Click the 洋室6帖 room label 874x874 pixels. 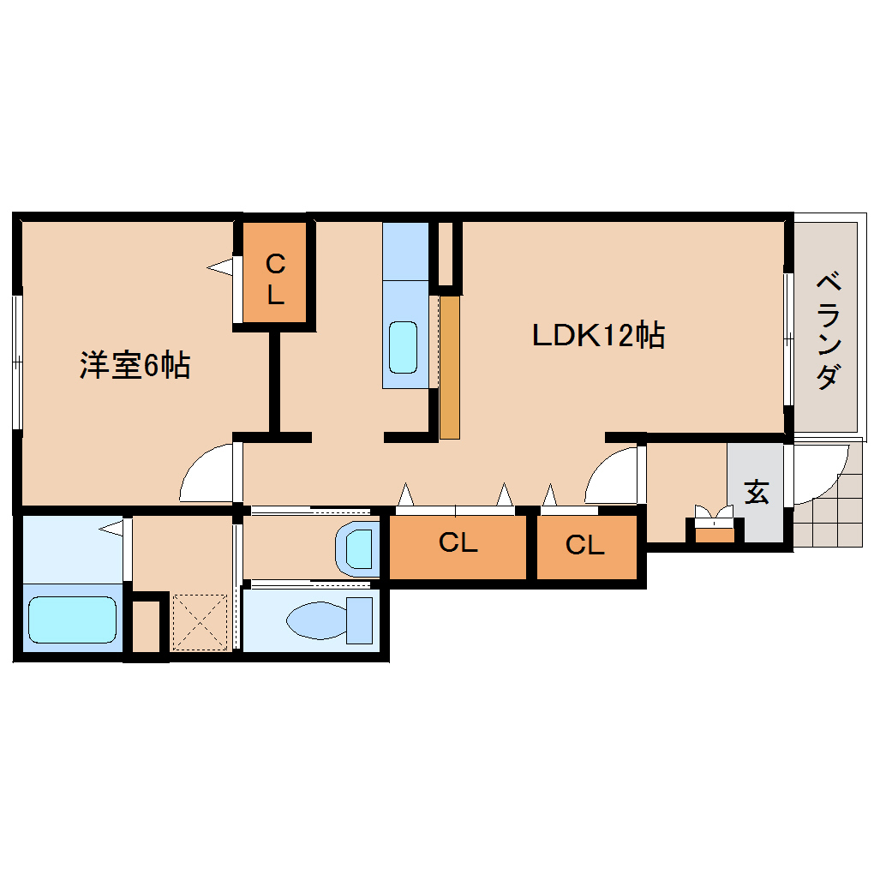pos(135,366)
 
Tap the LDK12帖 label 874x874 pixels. pos(598,335)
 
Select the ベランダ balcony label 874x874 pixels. pos(827,329)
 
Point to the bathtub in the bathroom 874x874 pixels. pos(72,620)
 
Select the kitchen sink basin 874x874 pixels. pos(403,346)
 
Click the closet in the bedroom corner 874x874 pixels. pos(273,279)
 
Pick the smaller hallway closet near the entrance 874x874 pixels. pos(586,545)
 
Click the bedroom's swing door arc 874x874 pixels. pos(206,473)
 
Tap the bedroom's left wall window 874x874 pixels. pos(16,361)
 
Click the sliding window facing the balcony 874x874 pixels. pos(787,338)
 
